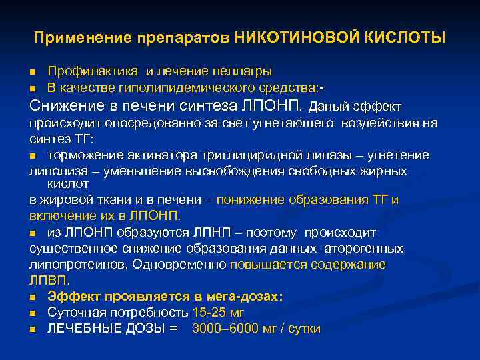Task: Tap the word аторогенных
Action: (363, 248)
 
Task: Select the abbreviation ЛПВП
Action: (47, 280)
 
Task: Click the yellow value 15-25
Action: (208, 312)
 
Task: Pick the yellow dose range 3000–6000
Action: (233, 328)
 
